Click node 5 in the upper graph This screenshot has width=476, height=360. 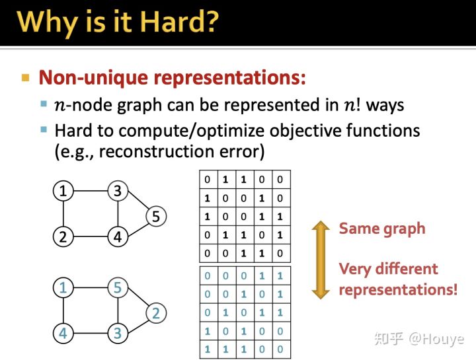pos(155,216)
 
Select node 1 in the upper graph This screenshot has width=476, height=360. pos(63,192)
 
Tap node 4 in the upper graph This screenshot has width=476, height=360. pos(118,237)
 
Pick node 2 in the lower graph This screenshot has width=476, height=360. pos(155,312)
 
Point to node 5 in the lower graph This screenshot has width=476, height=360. pos(118,289)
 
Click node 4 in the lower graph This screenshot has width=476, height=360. pos(63,334)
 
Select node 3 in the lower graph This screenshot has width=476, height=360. pos(118,334)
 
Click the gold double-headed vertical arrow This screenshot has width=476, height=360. pos(321,260)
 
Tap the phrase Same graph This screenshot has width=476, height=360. pos(382,229)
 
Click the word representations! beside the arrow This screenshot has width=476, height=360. pos(398,290)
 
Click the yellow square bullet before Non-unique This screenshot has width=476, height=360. pos(26,78)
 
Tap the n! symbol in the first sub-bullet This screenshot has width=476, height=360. pos(354,105)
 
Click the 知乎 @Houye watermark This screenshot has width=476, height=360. pos(418,339)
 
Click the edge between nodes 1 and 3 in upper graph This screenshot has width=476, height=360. pos(90,192)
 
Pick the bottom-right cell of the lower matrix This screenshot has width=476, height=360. pos(281,349)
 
